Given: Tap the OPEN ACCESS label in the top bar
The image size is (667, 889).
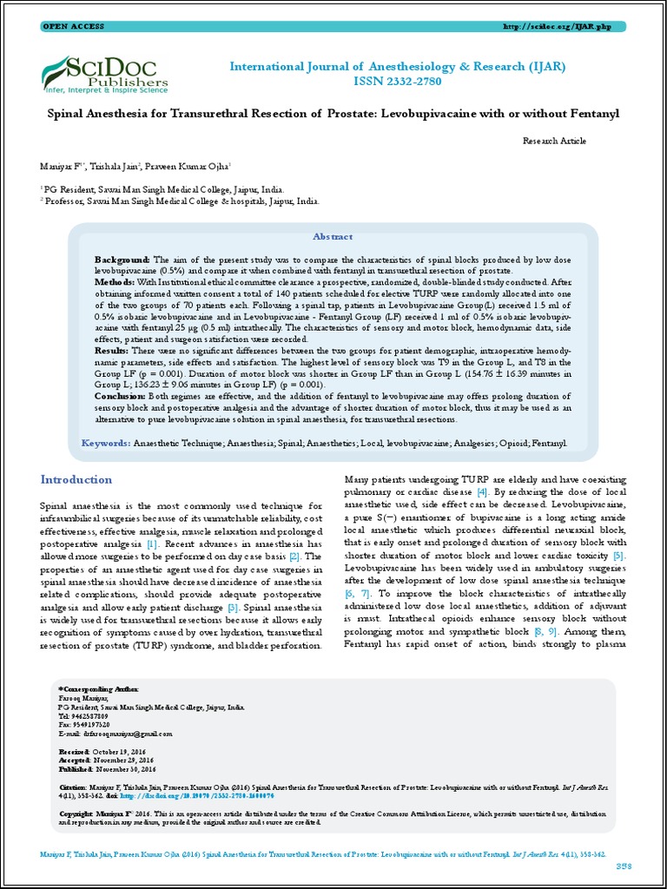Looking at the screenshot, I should coord(74,27).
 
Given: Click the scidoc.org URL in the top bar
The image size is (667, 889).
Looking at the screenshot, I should coord(557,27).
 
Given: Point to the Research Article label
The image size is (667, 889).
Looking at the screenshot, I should coord(554,140).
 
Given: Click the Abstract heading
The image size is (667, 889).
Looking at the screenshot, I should coord(333,236).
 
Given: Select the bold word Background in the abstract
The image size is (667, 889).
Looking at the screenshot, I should coord(122,260).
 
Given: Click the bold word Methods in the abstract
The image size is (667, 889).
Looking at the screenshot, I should coord(115,282).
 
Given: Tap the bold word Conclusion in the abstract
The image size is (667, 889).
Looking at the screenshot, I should coord(121,394).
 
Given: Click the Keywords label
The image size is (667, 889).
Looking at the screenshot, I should coord(105,443).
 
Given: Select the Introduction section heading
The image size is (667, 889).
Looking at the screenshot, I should coord(76,479).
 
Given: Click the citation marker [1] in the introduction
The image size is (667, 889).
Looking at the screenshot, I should coord(152,543).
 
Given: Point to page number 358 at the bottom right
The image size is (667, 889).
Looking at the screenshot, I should coord(624,866).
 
